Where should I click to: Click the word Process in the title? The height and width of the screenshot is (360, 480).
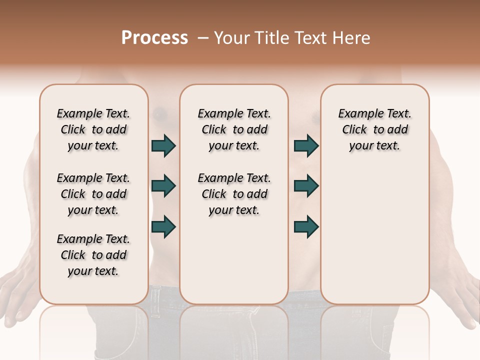coord(154,38)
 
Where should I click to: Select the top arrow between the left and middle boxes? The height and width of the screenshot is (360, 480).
coord(163,146)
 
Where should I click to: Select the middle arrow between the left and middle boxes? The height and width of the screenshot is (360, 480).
coord(163,186)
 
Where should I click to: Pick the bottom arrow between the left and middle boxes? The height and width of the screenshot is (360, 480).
coord(163,226)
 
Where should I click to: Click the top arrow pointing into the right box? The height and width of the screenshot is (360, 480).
coord(306,146)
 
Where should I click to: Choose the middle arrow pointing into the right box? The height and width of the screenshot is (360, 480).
coord(306,186)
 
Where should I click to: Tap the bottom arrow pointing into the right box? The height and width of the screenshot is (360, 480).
coord(306,226)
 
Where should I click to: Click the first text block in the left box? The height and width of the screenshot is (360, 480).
coord(93,129)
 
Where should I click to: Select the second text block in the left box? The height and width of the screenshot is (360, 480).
coord(93,194)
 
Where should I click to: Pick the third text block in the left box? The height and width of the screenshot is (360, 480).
coord(93,255)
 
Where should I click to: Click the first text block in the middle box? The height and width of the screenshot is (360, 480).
coord(234,129)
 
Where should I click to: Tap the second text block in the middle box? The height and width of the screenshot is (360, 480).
coord(234,194)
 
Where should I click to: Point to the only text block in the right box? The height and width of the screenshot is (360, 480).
coord(374,129)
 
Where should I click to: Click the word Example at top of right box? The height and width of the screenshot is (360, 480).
coord(356,114)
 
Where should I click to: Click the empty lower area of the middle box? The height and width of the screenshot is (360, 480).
coord(234,260)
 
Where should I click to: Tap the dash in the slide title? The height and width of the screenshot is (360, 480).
coord(203,38)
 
